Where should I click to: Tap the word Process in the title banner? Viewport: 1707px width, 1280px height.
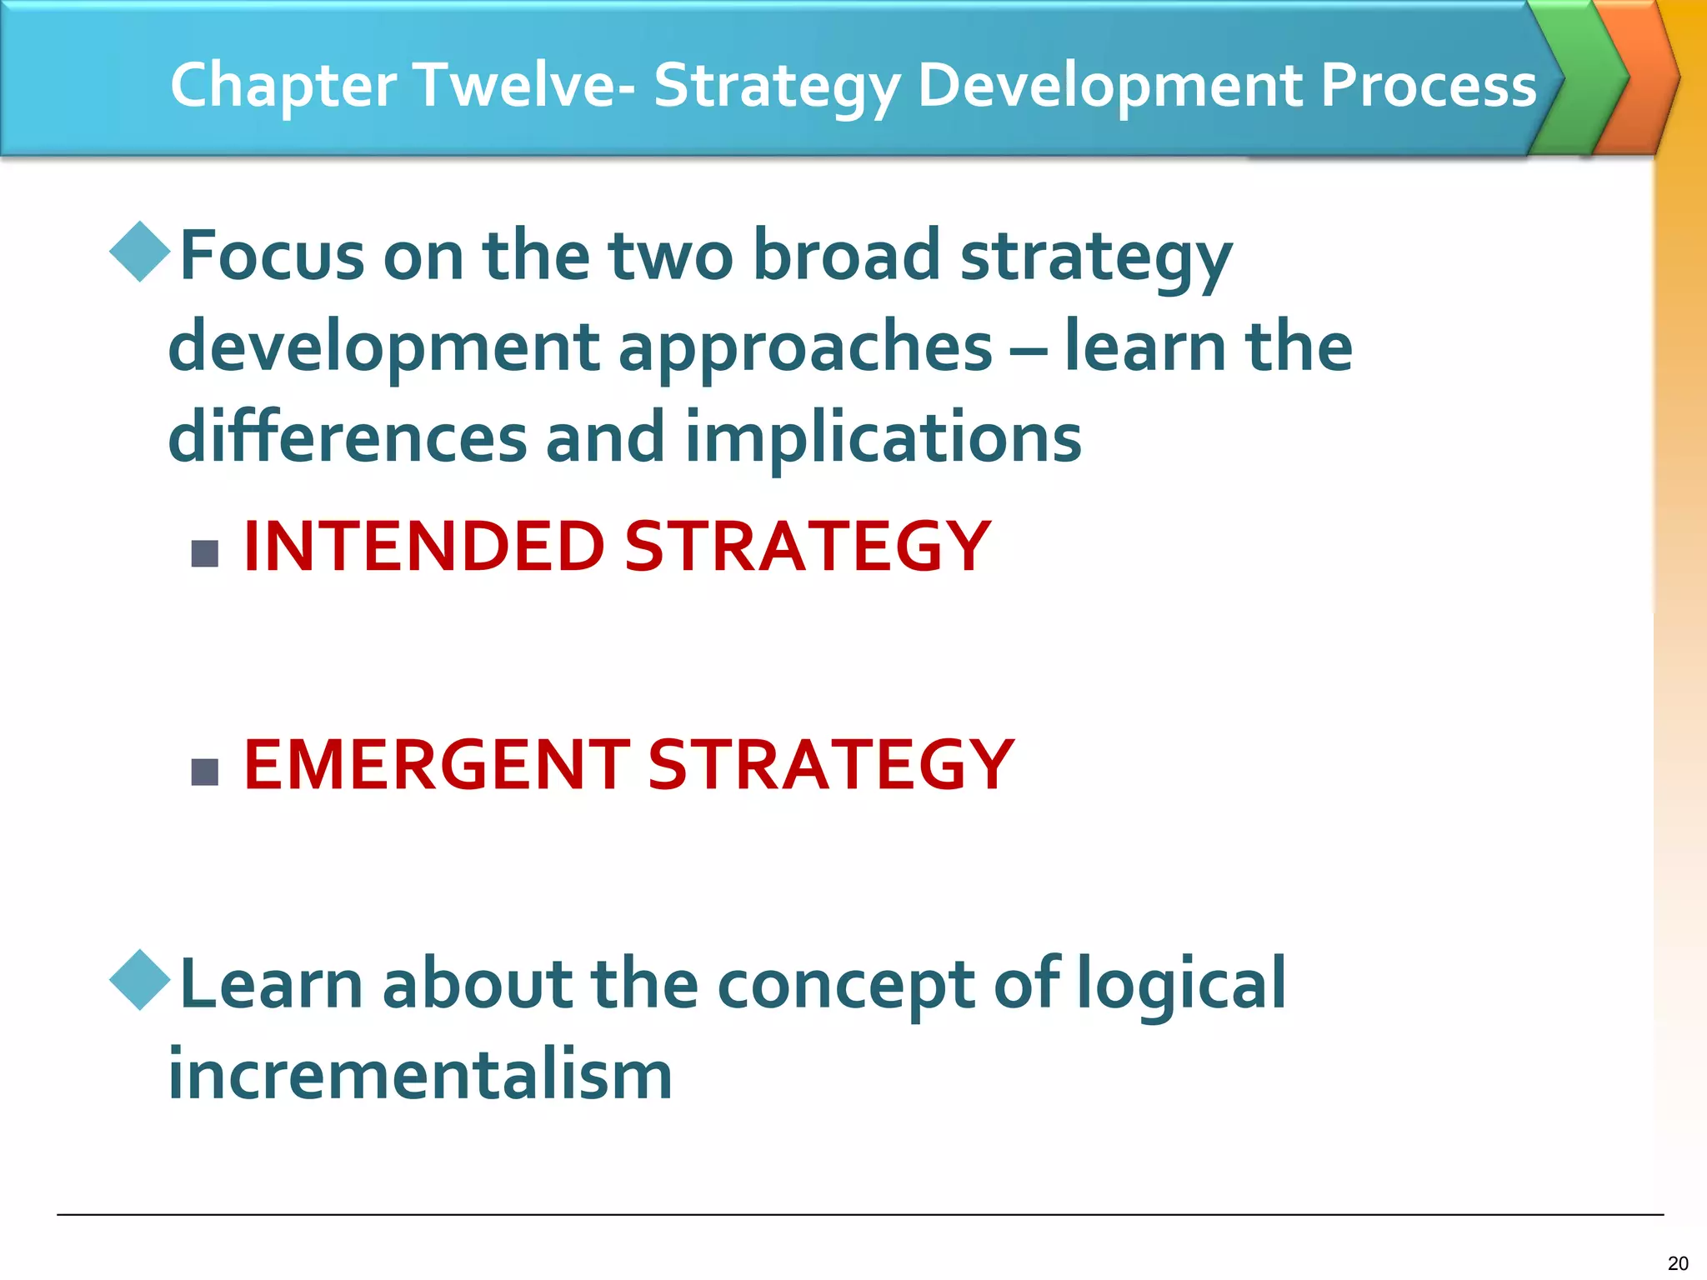pyautogui.click(x=1428, y=85)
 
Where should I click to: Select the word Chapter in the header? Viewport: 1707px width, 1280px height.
pyautogui.click(x=283, y=87)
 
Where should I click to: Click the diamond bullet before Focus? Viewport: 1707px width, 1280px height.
pyautogui.click(x=140, y=251)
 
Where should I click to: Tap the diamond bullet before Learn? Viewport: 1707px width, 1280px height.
pyautogui.click(x=140, y=979)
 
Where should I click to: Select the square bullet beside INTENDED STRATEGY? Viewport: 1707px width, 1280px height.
pyautogui.click(x=205, y=553)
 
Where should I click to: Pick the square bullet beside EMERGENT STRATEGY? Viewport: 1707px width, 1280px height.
pyautogui.click(x=205, y=772)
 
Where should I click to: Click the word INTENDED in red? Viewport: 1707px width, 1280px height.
pyautogui.click(x=423, y=547)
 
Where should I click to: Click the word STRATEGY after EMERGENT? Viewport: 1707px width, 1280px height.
pyautogui.click(x=830, y=765)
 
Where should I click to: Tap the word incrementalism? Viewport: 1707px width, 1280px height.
pyautogui.click(x=420, y=1075)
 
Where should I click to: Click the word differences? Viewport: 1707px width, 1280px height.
pyautogui.click(x=348, y=437)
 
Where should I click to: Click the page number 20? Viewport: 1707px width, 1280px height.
pyautogui.click(x=1678, y=1262)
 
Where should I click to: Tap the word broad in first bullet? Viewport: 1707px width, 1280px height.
pyautogui.click(x=846, y=256)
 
